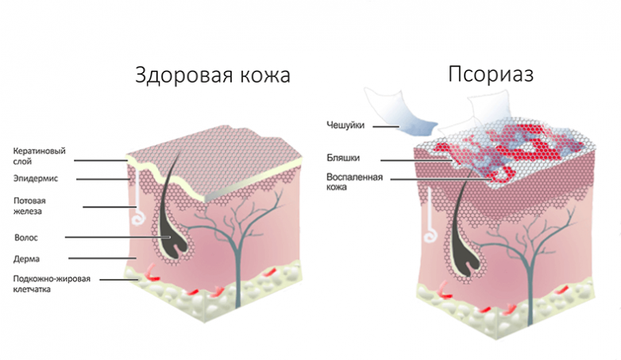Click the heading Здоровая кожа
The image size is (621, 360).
[213, 75]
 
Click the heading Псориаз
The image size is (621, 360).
[491, 74]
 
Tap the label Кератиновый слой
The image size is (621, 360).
[39, 157]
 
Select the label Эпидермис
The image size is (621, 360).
[36, 179]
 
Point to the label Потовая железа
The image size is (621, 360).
[29, 206]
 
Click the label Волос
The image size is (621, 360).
[26, 238]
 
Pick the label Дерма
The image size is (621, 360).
[26, 259]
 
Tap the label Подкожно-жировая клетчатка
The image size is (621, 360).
[52, 284]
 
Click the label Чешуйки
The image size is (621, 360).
[345, 126]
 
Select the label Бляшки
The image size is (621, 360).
[343, 158]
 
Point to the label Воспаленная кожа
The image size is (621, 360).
[354, 181]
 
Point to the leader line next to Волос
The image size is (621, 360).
[118, 238]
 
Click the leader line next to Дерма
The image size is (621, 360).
[102, 258]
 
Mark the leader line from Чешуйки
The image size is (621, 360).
[385, 126]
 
